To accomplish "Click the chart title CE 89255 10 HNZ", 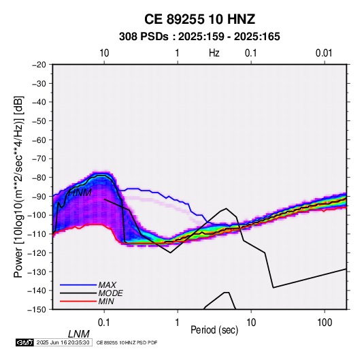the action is click(x=199, y=19).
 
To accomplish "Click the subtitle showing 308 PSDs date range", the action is click(x=199, y=37).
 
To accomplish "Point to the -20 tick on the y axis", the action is click(x=39, y=65).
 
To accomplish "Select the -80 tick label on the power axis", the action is click(x=39, y=178).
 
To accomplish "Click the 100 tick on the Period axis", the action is click(x=325, y=323).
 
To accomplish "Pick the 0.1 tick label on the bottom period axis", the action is click(x=104, y=323).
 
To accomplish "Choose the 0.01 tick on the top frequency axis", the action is click(x=324, y=53).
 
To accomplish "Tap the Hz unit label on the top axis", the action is click(x=214, y=53).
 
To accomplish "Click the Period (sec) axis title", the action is click(x=214, y=330).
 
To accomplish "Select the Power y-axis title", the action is click(x=18, y=186).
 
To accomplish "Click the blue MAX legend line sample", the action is click(x=78, y=285).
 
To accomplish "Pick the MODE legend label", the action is click(x=110, y=293).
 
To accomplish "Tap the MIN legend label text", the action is click(x=106, y=301).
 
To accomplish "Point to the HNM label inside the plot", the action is click(x=80, y=193).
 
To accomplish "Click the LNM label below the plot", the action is click(x=78, y=334).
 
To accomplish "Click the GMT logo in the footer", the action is click(x=24, y=342).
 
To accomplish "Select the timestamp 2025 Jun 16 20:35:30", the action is click(x=63, y=342).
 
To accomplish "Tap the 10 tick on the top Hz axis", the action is click(x=104, y=53).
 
